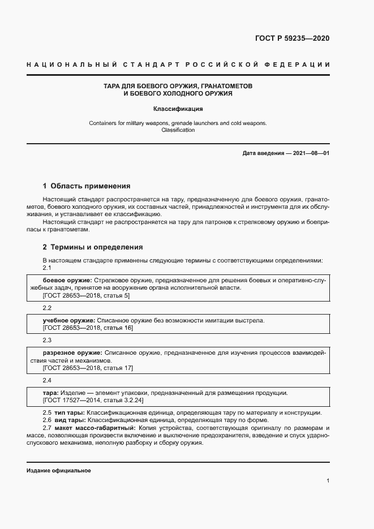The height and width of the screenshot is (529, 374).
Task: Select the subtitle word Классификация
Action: (178, 109)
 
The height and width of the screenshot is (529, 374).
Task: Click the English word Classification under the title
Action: (178, 130)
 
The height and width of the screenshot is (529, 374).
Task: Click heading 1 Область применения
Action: (87, 186)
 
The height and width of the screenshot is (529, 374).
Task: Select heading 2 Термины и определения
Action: (93, 247)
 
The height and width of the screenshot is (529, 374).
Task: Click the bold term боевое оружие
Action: (67, 280)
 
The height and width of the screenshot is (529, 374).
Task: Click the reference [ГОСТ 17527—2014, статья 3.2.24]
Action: (93, 401)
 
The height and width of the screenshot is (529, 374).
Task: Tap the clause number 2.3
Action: (47, 340)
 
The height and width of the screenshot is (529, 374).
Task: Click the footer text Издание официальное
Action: (58, 471)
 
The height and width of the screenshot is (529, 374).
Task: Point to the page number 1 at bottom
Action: (328, 480)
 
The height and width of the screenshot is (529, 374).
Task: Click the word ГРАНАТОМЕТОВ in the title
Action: (222, 85)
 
